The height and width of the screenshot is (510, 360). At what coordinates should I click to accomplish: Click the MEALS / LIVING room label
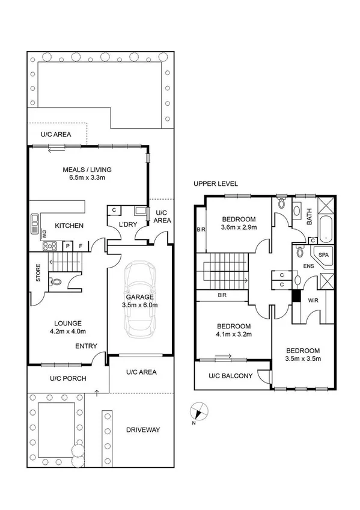(87, 169)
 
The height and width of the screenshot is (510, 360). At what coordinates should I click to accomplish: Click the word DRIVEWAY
(143, 429)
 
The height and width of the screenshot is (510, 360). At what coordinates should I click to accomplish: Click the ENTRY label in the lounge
(86, 346)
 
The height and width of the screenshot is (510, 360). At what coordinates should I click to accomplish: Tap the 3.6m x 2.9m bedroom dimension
(239, 227)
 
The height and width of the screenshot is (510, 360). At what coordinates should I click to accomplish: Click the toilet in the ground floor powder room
(55, 280)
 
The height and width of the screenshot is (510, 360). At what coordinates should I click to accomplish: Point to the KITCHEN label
(69, 226)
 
